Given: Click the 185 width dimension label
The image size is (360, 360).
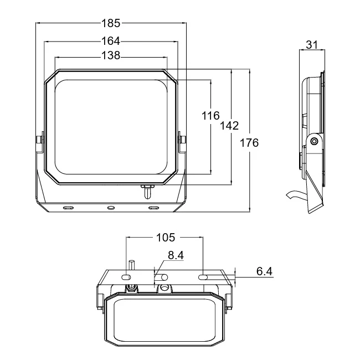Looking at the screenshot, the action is click(x=111, y=23).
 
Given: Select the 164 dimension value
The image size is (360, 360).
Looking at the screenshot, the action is click(x=111, y=41).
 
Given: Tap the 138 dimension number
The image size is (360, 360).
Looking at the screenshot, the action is click(x=111, y=55).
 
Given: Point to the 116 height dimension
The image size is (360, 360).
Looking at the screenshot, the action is click(x=210, y=116).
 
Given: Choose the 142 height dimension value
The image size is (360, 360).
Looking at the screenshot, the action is click(x=229, y=126).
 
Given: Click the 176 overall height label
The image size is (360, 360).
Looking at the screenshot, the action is click(x=249, y=143).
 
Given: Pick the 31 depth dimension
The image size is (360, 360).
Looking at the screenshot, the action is click(x=312, y=45).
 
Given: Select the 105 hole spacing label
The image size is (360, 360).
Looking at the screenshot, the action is click(x=165, y=238).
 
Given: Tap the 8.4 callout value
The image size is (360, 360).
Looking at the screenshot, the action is click(x=176, y=255).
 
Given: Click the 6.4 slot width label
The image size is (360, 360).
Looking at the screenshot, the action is click(x=264, y=271).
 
